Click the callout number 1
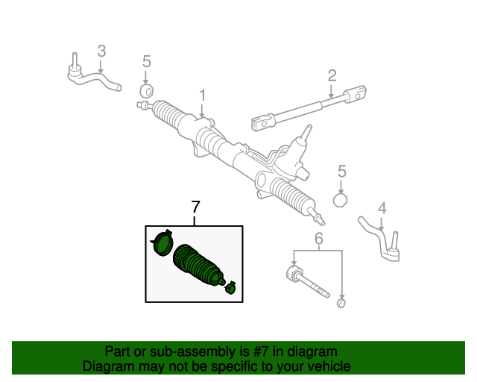coord(201,95)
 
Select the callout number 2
coord(332,75)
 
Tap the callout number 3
coord(102,51)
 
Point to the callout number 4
coord(382,207)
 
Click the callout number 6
coord(318,239)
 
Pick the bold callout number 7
coord(195,207)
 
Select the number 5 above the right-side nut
coord(342,171)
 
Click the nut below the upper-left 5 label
coord(146,91)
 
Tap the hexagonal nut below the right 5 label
coord(341,200)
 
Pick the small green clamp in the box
coord(231,287)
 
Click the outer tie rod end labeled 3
coord(93,78)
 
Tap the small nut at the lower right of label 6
coord(341,303)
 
